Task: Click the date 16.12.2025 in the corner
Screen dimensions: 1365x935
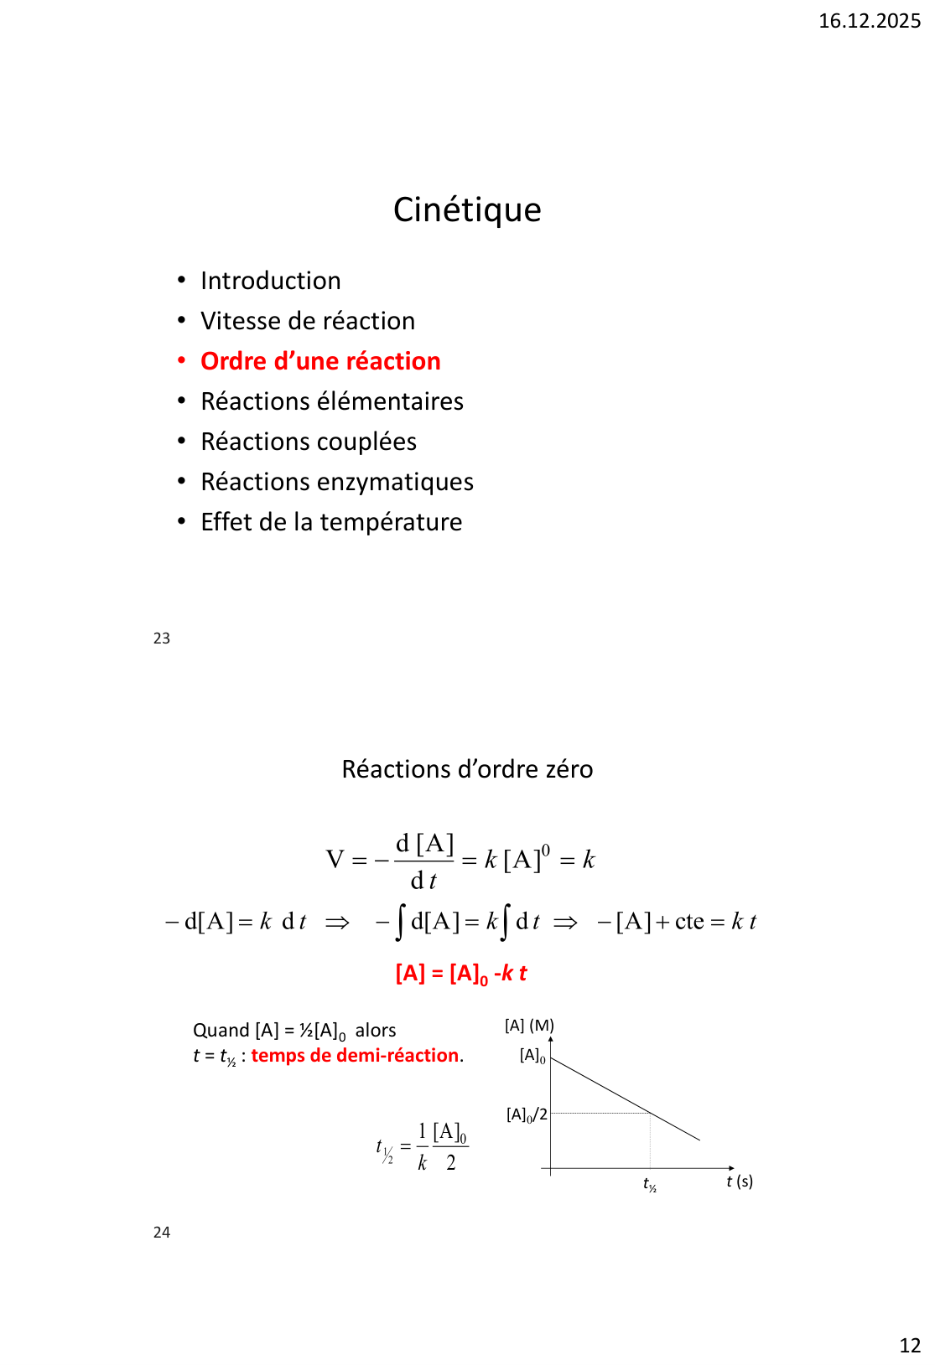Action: tap(869, 21)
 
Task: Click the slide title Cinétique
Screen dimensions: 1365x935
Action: tap(467, 209)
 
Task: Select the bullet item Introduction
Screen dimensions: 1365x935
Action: tap(270, 281)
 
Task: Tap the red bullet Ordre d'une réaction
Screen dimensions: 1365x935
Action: tap(320, 361)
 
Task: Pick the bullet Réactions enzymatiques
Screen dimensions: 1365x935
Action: tap(336, 482)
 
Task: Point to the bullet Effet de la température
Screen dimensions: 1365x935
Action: tap(331, 522)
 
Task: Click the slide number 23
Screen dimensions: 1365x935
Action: tap(162, 639)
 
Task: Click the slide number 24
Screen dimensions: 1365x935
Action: tap(162, 1233)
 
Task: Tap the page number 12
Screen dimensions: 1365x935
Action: tap(910, 1346)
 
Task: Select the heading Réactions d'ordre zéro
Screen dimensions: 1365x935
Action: tap(467, 769)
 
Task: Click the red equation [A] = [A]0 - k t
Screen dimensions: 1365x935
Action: tap(461, 974)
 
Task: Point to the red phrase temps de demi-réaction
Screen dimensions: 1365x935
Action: tap(355, 1056)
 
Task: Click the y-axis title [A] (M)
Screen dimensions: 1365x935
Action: tap(529, 1026)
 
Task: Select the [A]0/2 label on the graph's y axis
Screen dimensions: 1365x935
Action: tap(527, 1114)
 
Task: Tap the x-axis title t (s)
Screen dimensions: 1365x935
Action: tap(740, 1181)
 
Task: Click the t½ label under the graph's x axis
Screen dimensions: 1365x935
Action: tap(650, 1184)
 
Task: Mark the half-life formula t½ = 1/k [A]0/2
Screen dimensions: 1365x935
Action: tap(422, 1146)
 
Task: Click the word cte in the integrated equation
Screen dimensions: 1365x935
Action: tap(689, 922)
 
